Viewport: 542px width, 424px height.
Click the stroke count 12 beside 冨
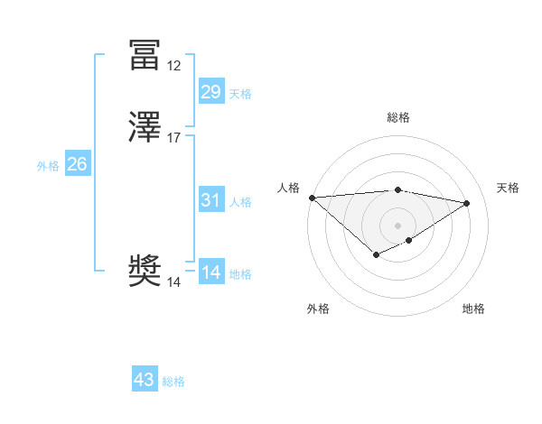(x=173, y=66)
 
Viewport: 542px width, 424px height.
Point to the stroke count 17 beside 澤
(x=173, y=138)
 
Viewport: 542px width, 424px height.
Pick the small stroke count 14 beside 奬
(x=173, y=282)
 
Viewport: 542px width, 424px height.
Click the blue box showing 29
(x=210, y=92)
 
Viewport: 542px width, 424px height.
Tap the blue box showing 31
(x=210, y=200)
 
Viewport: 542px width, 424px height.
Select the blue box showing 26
(x=77, y=164)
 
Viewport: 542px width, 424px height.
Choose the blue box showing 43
(x=144, y=380)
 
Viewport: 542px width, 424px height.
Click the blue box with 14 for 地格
(x=210, y=272)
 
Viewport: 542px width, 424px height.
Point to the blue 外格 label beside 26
(x=48, y=165)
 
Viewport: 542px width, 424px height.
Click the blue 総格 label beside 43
(x=173, y=382)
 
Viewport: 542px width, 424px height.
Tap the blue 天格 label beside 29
(x=240, y=93)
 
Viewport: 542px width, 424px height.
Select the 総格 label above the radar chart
(x=398, y=117)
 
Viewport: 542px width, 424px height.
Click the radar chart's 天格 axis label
(x=508, y=188)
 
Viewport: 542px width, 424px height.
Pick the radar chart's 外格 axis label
(x=318, y=309)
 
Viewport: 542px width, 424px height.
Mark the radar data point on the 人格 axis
(x=312, y=198)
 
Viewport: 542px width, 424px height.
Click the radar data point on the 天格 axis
(x=467, y=203)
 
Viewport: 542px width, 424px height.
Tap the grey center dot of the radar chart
(x=398, y=226)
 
